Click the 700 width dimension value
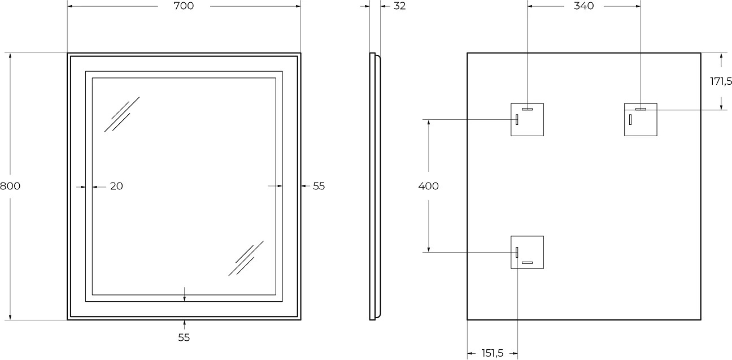[184, 6]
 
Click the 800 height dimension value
[10, 186]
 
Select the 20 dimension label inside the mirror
[116, 186]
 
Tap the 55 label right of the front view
[319, 186]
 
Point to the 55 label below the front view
[184, 337]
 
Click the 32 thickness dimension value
[400, 6]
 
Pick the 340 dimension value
[583, 6]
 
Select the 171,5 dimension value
[721, 81]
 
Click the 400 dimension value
[429, 186]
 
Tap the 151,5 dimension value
[493, 353]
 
